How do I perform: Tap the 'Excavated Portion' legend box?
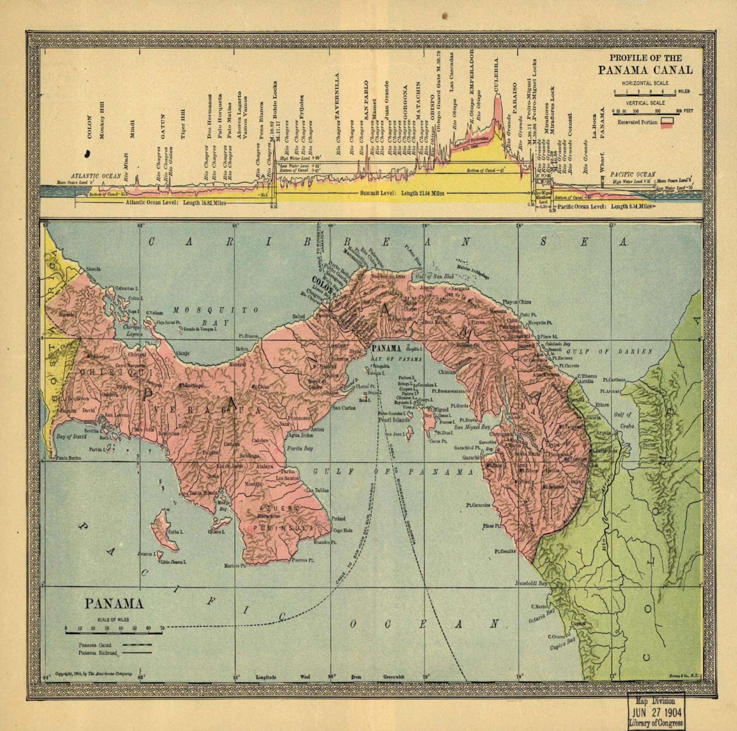point(667,121)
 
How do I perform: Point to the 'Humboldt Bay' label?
point(531,584)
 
